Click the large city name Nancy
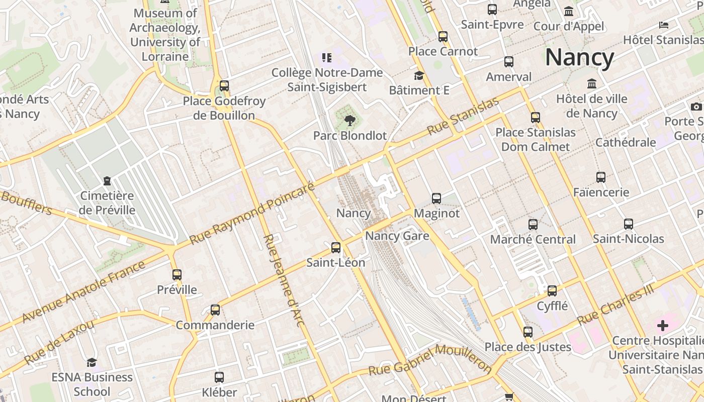click(579, 58)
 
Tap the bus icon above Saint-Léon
click(336, 248)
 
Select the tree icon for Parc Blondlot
click(349, 121)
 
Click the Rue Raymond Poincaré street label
click(253, 214)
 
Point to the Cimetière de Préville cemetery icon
click(107, 180)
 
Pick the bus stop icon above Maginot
click(436, 198)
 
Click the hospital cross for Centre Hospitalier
click(663, 326)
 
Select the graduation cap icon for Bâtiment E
click(419, 76)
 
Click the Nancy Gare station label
click(397, 236)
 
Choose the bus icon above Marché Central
click(533, 225)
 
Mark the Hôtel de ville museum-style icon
click(592, 83)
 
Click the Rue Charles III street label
click(615, 305)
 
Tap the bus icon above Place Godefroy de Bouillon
click(224, 86)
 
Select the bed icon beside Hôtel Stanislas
click(664, 25)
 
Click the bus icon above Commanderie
click(215, 310)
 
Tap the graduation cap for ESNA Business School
click(92, 362)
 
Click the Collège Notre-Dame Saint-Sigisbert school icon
click(327, 58)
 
